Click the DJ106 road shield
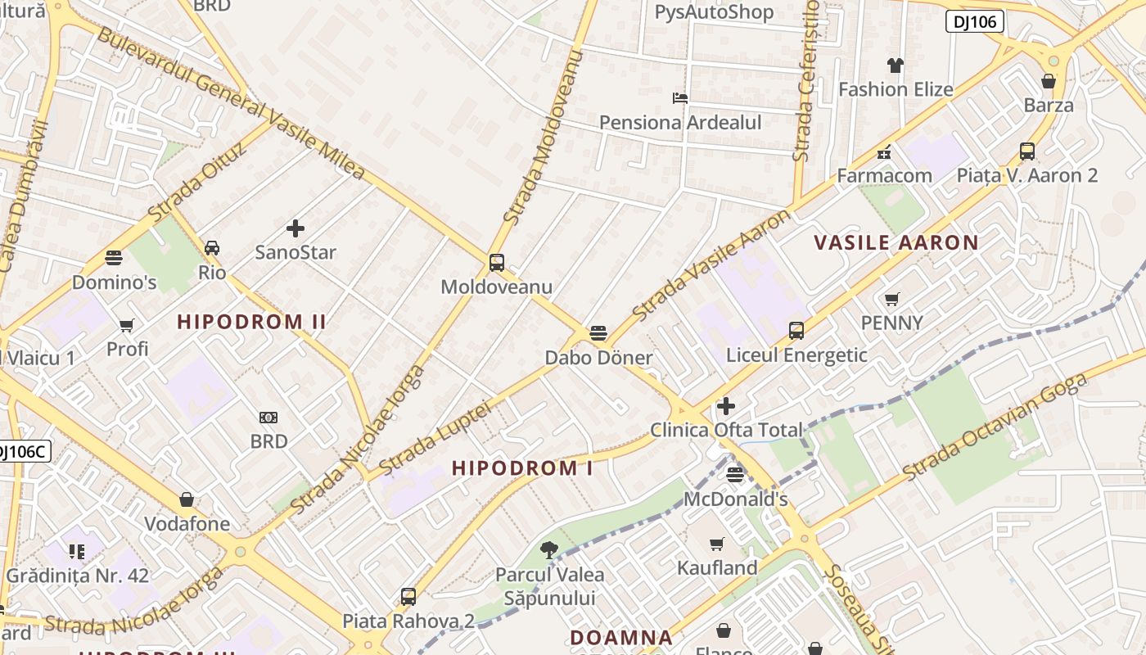coord(974,21)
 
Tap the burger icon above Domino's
coord(114,258)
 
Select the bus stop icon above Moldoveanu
coord(496,263)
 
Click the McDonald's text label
coord(735,499)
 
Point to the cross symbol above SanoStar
coord(296,228)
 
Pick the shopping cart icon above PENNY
coord(891,300)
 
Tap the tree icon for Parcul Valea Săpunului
coord(548,550)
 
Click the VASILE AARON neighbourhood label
coord(896,242)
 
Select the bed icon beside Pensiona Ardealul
coord(679,98)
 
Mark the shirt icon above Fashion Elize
coord(896,65)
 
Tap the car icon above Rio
coord(211,248)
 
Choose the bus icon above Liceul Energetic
coord(796,331)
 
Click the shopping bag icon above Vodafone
coord(187,499)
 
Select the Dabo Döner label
coord(598,358)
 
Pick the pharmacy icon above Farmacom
coord(883,152)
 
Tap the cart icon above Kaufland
coord(717,544)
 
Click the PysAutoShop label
coord(714,12)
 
